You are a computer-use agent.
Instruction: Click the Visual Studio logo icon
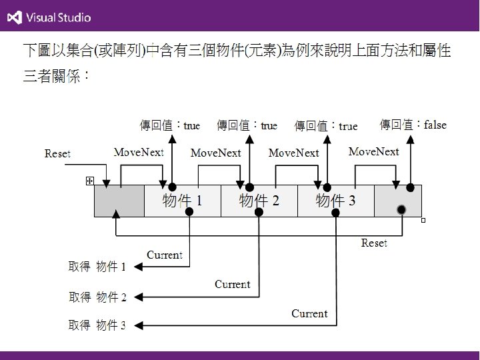pyautogui.click(x=13, y=17)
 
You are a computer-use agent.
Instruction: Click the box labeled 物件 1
pyautogui.click(x=182, y=201)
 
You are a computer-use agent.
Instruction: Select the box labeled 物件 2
pyautogui.click(x=259, y=201)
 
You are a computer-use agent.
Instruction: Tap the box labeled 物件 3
pyautogui.click(x=335, y=201)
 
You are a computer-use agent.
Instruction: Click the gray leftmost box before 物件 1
pyautogui.click(x=119, y=201)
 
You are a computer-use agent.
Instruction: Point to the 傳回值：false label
pyautogui.click(x=413, y=125)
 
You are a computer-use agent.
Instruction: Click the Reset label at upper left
pyautogui.click(x=57, y=154)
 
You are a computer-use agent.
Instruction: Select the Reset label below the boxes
pyautogui.click(x=374, y=243)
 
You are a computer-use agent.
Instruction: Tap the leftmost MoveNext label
pyautogui.click(x=139, y=153)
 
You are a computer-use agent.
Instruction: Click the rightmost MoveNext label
pyautogui.click(x=373, y=152)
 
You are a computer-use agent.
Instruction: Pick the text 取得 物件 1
pyautogui.click(x=97, y=267)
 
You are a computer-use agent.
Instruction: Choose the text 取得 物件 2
pyautogui.click(x=97, y=296)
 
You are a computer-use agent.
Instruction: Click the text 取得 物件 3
pyautogui.click(x=97, y=325)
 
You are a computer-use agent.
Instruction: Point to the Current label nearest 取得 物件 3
pyautogui.click(x=309, y=313)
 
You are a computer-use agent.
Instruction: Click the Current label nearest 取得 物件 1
pyautogui.click(x=164, y=255)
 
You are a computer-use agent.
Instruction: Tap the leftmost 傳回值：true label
pyautogui.click(x=169, y=125)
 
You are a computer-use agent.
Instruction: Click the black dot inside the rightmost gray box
pyautogui.click(x=401, y=210)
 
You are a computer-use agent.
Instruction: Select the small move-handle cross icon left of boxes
pyautogui.click(x=89, y=181)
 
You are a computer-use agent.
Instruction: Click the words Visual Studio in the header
pyautogui.click(x=59, y=18)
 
